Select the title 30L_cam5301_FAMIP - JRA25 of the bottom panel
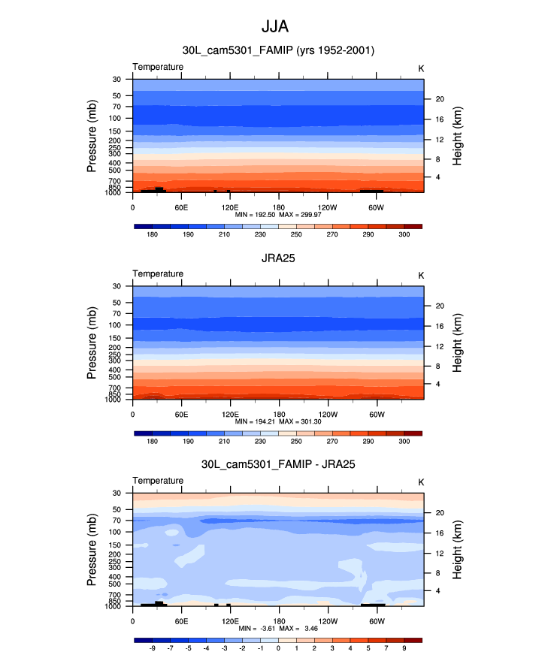point(278,465)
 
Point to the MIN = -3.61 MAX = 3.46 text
point(278,628)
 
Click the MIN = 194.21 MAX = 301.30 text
point(278,421)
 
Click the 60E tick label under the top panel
point(181,207)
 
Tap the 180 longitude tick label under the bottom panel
point(278,621)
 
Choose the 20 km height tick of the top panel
point(440,98)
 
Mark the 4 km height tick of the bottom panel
point(438,590)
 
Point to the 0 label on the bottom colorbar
point(278,648)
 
